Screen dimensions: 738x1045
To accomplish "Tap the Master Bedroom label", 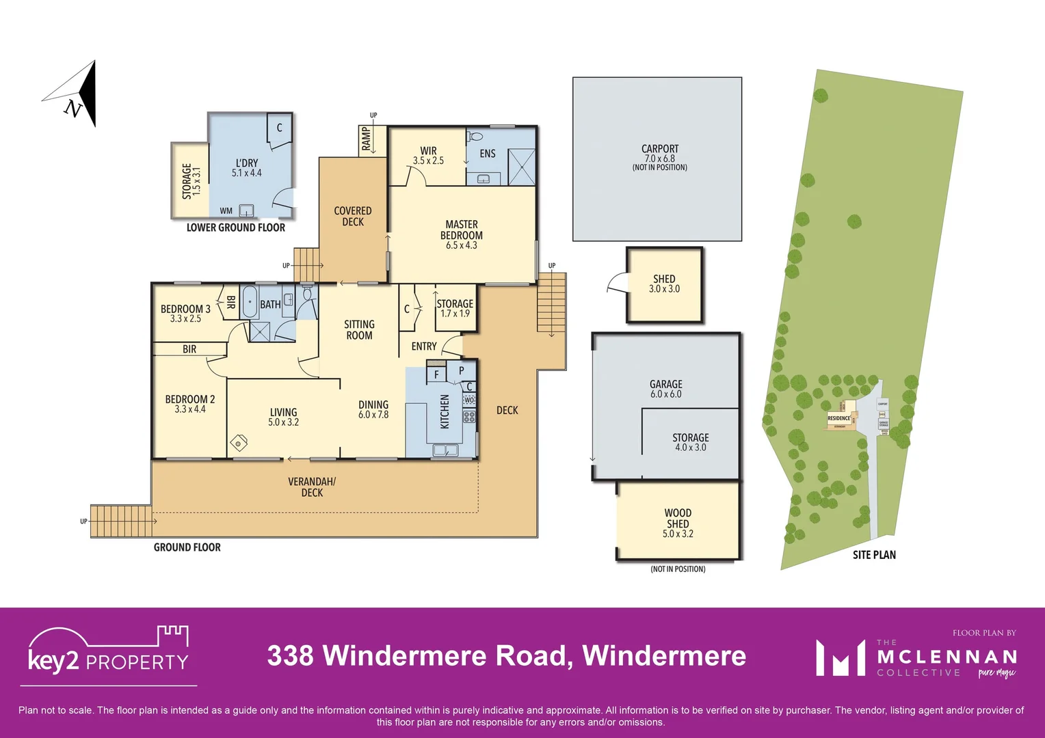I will coord(462,234).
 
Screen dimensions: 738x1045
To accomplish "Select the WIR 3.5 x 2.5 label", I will coord(428,156).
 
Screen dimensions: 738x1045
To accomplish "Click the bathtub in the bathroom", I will coord(250,301).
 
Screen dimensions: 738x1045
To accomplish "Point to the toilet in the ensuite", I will coord(476,137).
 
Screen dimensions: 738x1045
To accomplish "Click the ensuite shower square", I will coord(521,166).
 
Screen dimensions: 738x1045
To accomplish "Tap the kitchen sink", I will coord(445,450).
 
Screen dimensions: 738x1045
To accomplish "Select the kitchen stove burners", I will coord(469,415).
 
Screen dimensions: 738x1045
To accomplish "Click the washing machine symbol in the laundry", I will coord(246,210).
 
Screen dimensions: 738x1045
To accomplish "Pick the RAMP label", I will coord(366,139).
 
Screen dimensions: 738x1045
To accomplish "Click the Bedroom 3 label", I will coord(185,313).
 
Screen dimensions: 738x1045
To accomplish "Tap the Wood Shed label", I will coord(678,523).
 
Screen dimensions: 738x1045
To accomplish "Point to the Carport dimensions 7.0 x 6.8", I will coord(659,159).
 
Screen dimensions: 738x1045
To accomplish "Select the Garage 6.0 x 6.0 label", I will coord(665,389).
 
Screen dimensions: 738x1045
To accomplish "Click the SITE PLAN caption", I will coord(874,555).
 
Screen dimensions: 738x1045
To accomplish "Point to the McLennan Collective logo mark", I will coord(841,657).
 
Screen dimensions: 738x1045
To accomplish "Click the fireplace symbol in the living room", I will coord(239,441).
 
